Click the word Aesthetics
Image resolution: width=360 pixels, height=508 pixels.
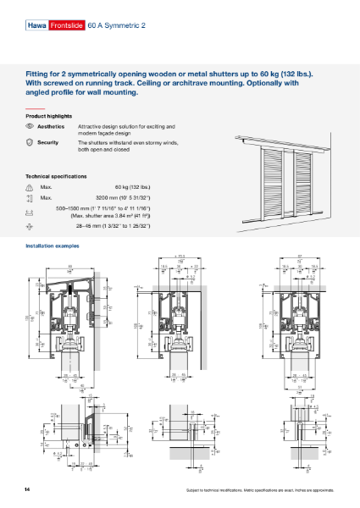pos(52,125)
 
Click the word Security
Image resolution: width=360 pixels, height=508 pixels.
pos(48,143)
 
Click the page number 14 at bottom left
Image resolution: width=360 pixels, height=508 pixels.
pos(28,490)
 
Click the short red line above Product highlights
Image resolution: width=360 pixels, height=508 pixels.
pos(34,108)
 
